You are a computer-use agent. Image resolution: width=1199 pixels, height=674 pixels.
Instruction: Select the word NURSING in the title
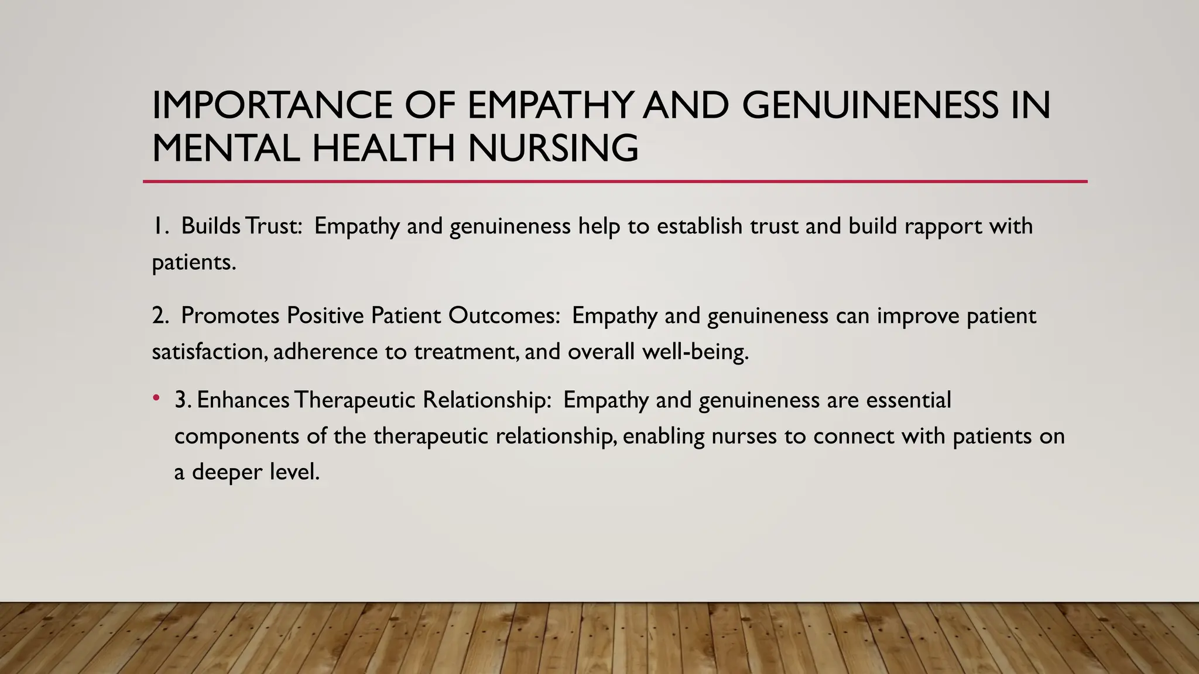click(x=553, y=148)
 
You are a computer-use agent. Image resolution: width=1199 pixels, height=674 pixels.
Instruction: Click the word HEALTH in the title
click(x=383, y=148)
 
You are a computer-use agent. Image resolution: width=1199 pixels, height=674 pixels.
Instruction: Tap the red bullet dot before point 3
click(x=156, y=398)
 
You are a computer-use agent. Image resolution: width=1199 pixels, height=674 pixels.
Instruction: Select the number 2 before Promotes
click(x=160, y=316)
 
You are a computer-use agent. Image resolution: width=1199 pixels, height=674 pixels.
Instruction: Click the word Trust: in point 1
click(x=275, y=226)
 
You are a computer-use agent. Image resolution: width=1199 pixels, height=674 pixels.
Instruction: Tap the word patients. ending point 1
click(x=194, y=262)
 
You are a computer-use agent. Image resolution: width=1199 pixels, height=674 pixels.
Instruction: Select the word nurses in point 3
click(x=744, y=436)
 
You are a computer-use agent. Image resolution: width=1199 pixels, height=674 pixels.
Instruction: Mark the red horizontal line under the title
click(x=615, y=181)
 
